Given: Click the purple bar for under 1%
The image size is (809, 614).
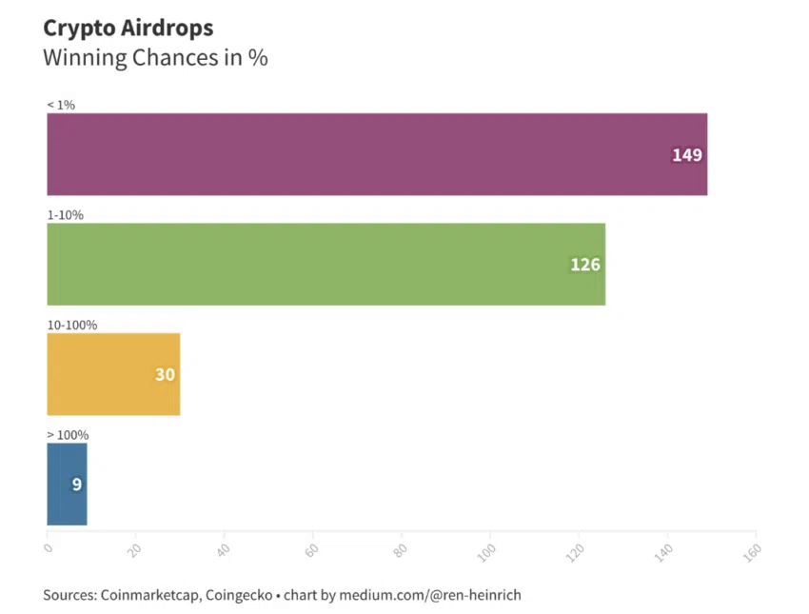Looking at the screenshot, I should [377, 154].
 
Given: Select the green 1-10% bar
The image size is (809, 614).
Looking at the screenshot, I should [326, 264].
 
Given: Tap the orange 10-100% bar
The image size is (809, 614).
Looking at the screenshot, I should [113, 374].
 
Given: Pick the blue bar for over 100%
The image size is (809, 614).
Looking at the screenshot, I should [67, 484].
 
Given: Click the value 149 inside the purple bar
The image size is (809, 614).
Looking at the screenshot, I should [686, 155].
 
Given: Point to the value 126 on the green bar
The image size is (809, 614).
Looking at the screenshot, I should [585, 265].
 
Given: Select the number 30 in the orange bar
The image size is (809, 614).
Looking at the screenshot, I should [165, 375].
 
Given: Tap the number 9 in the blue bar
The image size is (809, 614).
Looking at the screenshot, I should [77, 485].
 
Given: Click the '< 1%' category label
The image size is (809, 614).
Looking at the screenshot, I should [61, 105].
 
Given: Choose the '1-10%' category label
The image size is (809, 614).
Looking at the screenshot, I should [66, 215].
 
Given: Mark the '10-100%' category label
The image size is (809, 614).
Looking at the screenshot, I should [72, 325].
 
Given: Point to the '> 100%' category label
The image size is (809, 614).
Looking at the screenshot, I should [68, 435].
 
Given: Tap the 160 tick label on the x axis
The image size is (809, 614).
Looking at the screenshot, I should [755, 550].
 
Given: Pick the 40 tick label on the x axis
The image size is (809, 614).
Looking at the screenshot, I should [225, 549].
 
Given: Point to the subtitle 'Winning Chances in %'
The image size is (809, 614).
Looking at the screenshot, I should [155, 57].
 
